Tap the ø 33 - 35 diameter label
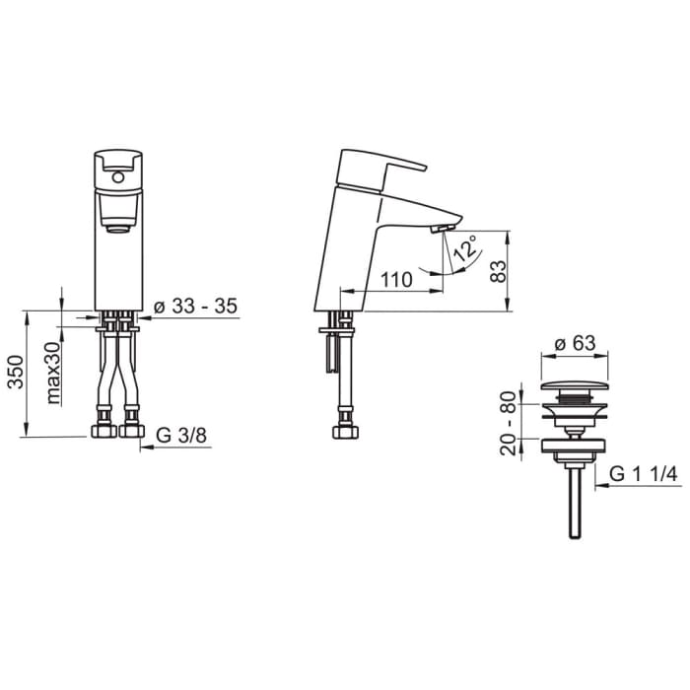[197, 307]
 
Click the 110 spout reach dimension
[395, 279]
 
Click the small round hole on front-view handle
[117, 177]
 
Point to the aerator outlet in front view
[118, 230]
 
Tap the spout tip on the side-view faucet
[447, 226]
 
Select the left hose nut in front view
[103, 431]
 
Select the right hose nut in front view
[130, 431]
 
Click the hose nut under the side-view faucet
[344, 432]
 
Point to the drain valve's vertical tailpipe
[575, 503]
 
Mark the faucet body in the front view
[117, 266]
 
